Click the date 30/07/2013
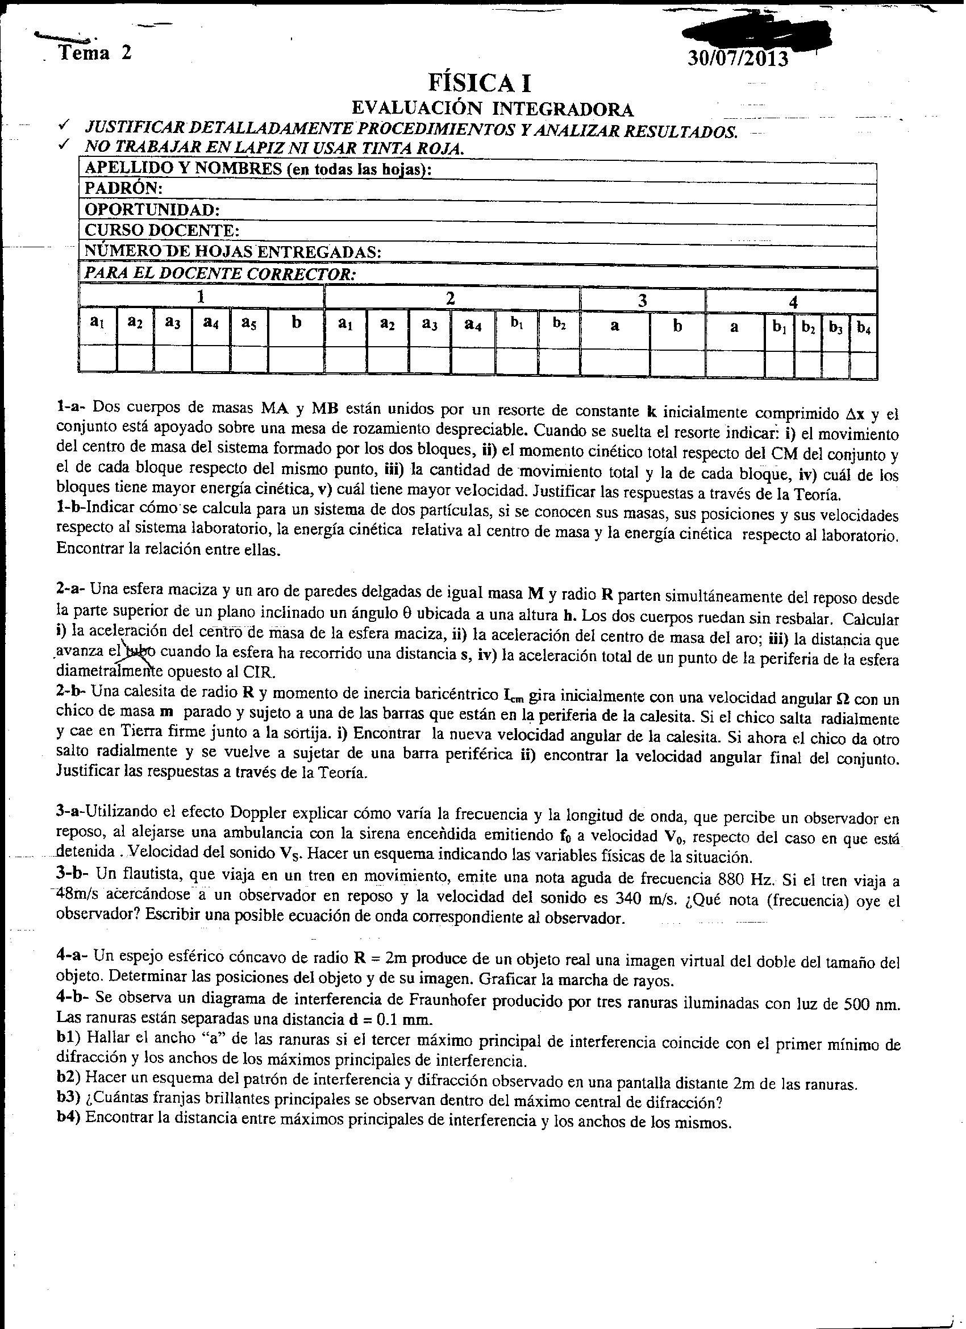pos(737,60)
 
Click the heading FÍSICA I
pos(480,84)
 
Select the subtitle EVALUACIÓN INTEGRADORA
pos(492,109)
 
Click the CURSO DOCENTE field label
pos(162,230)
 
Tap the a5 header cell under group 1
pos(249,323)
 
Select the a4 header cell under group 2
pos(472,324)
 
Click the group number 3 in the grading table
pos(642,301)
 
